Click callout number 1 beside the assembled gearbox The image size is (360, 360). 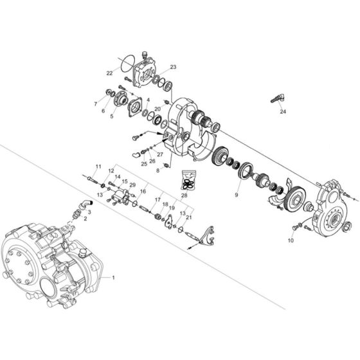(114, 278)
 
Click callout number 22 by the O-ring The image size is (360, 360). (109, 72)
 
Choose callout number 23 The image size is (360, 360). (173, 67)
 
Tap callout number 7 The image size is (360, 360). (94, 104)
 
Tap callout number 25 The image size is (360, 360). (145, 164)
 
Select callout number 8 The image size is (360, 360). (157, 170)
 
